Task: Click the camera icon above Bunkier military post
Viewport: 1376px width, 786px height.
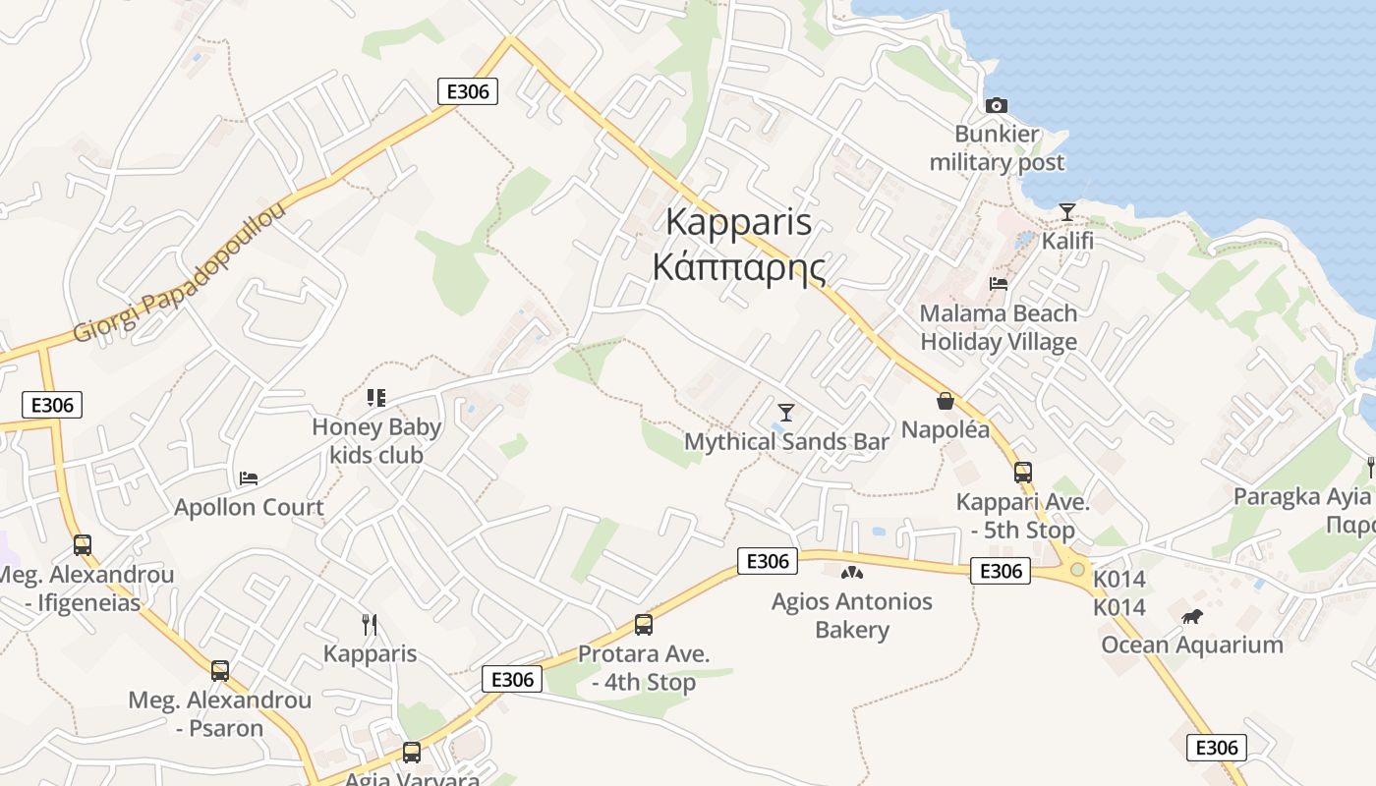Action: tap(997, 105)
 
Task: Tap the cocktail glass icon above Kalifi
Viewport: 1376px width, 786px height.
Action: tap(1067, 211)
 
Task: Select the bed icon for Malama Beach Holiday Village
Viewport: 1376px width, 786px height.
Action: tap(999, 284)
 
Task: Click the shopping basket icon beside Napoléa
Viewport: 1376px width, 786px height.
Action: tap(946, 401)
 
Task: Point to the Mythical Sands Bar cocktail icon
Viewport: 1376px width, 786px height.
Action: tap(786, 412)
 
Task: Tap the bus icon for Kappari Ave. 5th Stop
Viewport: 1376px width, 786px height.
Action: tap(1023, 473)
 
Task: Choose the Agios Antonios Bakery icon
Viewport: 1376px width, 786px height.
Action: tap(851, 572)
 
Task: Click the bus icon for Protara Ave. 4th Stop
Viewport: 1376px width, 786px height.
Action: tap(644, 624)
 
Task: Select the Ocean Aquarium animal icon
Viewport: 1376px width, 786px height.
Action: tap(1192, 616)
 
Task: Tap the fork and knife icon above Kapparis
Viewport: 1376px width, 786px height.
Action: tap(370, 624)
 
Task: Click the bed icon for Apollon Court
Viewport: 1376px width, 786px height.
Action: tap(249, 478)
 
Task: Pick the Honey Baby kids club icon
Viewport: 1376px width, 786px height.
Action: tap(375, 398)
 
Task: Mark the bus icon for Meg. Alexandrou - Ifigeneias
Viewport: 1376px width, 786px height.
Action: tap(83, 544)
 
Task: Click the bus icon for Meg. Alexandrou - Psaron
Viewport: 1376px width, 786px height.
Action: tap(220, 671)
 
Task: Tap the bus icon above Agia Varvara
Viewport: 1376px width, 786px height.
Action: tap(412, 753)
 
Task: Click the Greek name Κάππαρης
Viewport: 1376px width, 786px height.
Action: tap(739, 267)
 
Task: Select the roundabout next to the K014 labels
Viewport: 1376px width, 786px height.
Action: tap(1078, 569)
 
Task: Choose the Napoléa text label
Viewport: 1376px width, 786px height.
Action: tap(946, 429)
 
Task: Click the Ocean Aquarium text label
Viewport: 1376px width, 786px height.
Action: tap(1191, 645)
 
